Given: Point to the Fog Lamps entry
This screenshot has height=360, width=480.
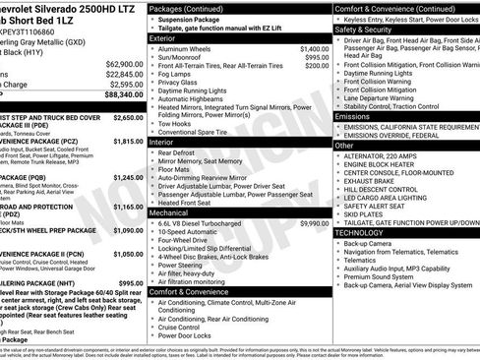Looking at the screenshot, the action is click(x=175, y=74).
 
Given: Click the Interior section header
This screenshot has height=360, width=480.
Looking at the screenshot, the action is click(x=160, y=142).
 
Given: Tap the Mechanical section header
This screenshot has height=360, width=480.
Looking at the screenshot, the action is click(x=168, y=212).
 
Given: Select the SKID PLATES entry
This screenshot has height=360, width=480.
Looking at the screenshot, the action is click(x=365, y=212).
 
